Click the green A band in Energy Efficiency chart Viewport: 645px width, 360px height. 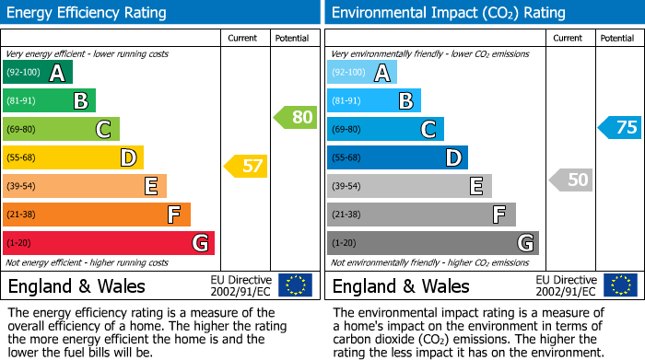pyautogui.click(x=38, y=73)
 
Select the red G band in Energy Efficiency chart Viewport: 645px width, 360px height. pyautogui.click(x=109, y=243)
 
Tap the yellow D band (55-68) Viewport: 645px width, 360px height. pyautogui.click(x=73, y=158)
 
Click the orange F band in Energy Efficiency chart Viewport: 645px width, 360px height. pyautogui.click(x=97, y=215)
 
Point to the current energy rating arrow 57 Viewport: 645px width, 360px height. pyautogui.click(x=245, y=167)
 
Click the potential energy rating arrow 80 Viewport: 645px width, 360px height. pyautogui.click(x=296, y=117)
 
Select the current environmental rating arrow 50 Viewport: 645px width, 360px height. pyautogui.click(x=570, y=180)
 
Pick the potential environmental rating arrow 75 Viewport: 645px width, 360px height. pyautogui.click(x=619, y=127)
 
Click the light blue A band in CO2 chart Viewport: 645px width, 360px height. pyautogui.click(x=362, y=73)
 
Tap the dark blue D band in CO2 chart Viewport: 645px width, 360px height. pyautogui.click(x=397, y=158)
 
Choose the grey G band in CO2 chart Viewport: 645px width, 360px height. pyautogui.click(x=433, y=243)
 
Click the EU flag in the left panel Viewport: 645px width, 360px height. pyautogui.click(x=295, y=285)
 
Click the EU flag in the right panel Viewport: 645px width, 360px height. pyautogui.click(x=620, y=285)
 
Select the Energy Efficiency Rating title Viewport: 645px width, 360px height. pyautogui.click(x=88, y=13)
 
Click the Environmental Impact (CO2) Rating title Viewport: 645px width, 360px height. pyautogui.click(x=448, y=13)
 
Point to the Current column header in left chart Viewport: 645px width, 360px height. pyautogui.click(x=242, y=38)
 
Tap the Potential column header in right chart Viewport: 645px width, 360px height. pyautogui.click(x=616, y=38)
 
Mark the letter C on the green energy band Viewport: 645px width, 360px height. pyautogui.click(x=104, y=130)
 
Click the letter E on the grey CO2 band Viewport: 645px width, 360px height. pyautogui.click(x=476, y=187)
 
